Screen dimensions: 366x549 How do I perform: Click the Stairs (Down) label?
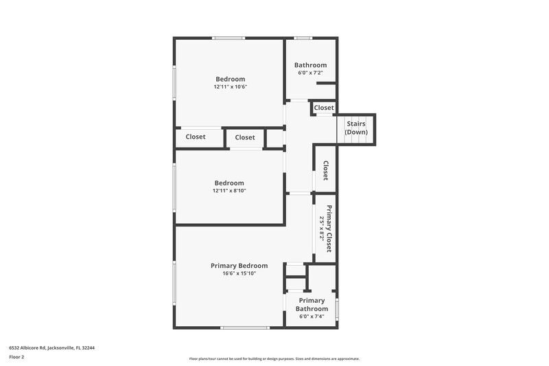tap(355, 128)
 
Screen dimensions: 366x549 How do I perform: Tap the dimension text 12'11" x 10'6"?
tap(230, 87)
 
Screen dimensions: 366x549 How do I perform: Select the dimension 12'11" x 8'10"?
tap(229, 191)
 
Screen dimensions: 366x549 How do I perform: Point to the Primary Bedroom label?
tap(239, 266)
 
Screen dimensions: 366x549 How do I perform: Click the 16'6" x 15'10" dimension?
tap(239, 274)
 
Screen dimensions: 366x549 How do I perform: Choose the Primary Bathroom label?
tap(312, 305)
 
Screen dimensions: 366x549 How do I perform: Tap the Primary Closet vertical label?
tap(329, 228)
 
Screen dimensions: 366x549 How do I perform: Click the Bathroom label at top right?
tap(311, 65)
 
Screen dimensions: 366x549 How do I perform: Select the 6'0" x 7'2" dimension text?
tap(311, 73)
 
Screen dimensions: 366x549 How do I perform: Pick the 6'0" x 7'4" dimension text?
tap(312, 317)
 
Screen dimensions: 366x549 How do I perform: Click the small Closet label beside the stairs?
tap(324, 108)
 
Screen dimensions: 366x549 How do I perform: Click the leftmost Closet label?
tap(196, 137)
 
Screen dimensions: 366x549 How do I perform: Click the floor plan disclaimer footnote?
tap(274, 358)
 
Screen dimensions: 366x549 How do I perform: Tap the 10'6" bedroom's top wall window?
tap(229, 38)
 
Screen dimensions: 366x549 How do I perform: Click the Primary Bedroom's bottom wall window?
tap(244, 328)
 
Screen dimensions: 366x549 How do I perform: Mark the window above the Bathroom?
tap(303, 38)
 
